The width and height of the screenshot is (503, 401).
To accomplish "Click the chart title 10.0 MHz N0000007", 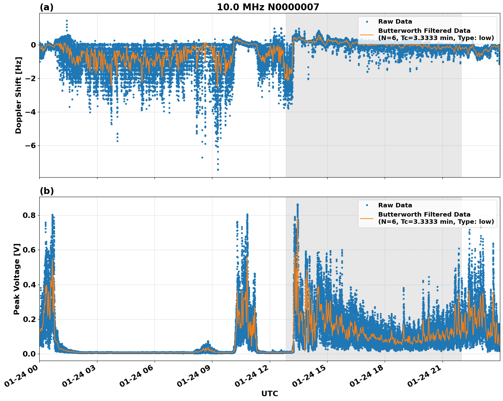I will click(x=268, y=7).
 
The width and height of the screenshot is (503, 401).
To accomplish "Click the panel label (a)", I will click(x=47, y=7).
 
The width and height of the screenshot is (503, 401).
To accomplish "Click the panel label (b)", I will click(x=47, y=191).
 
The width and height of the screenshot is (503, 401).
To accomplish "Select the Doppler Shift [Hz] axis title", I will click(x=18, y=95).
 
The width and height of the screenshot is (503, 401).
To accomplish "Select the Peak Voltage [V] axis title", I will click(x=17, y=279).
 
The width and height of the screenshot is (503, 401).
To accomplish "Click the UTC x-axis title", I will click(x=269, y=393).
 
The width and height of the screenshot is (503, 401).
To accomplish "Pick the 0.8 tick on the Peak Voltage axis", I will click(x=29, y=215).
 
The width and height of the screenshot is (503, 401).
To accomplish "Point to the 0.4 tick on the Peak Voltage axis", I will click(x=29, y=285).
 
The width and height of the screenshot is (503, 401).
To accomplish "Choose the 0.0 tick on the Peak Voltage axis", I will click(x=29, y=354).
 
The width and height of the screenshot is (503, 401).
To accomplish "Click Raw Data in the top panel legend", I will click(x=395, y=22).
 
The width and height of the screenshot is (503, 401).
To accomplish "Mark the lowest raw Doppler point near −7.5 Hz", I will click(x=218, y=169).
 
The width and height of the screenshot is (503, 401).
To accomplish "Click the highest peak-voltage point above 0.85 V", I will click(x=297, y=205).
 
